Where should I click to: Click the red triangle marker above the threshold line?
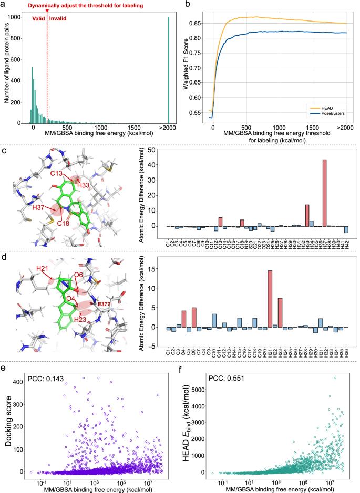click(47, 11)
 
